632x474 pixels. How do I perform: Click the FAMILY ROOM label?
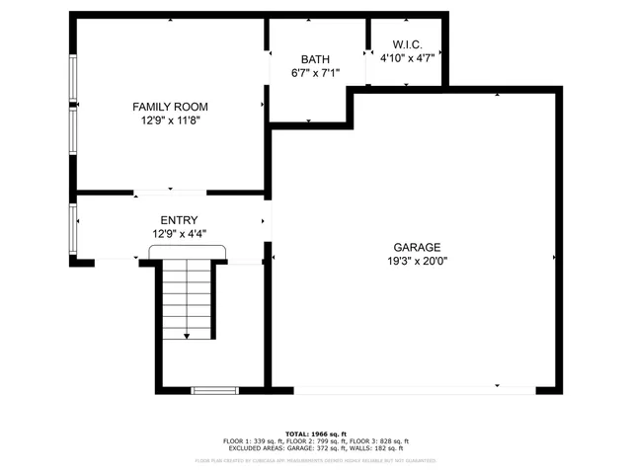[x=170, y=107]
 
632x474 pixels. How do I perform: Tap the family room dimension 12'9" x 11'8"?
[x=170, y=120]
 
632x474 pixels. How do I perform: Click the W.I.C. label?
[x=407, y=44]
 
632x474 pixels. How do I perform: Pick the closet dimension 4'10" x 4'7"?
[x=407, y=58]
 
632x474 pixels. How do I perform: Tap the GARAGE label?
[x=417, y=248]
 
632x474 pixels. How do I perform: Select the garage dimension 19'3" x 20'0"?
[x=417, y=262]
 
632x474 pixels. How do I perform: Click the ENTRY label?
[x=179, y=220]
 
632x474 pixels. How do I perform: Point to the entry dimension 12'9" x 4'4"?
[x=179, y=234]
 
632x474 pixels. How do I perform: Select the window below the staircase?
[x=214, y=391]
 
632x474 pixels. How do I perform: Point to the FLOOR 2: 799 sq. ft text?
[x=316, y=441]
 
